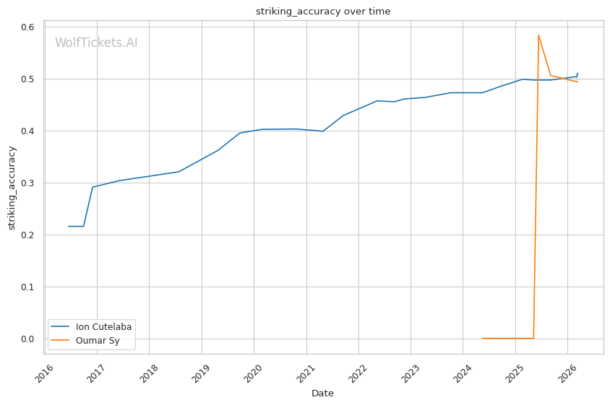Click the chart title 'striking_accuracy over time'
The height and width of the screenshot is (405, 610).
323,11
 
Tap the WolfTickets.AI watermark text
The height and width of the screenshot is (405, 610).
96,43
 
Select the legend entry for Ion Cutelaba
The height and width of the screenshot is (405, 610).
103,327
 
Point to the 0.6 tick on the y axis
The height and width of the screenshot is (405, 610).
28,27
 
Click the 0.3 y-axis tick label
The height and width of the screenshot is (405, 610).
28,183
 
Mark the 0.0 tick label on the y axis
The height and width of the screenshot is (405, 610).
28,339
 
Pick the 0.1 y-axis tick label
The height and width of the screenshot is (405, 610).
28,287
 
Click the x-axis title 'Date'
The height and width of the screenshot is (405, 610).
322,393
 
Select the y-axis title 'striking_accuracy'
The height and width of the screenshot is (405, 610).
12,188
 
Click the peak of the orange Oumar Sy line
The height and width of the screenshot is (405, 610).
538,35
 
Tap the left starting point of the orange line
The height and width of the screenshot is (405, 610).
482,339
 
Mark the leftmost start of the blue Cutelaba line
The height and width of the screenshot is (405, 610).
69,227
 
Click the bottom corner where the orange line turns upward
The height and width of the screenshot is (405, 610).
533,339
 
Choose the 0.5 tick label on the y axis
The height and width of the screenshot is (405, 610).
28,79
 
